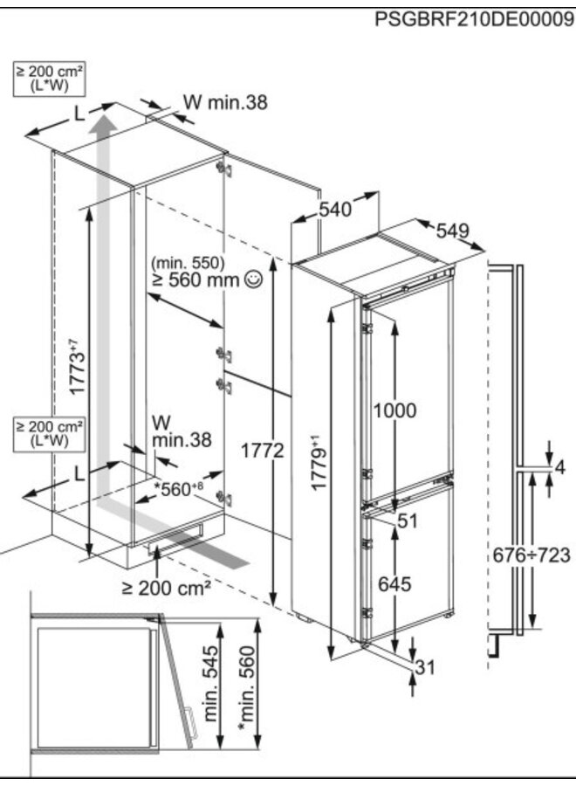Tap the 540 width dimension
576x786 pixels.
click(335, 210)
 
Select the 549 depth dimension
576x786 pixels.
click(453, 231)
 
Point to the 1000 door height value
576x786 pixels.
click(395, 410)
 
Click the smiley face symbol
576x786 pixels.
click(254, 279)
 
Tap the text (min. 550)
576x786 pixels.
click(188, 263)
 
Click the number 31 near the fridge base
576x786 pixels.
click(424, 668)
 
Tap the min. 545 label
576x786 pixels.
click(210, 689)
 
